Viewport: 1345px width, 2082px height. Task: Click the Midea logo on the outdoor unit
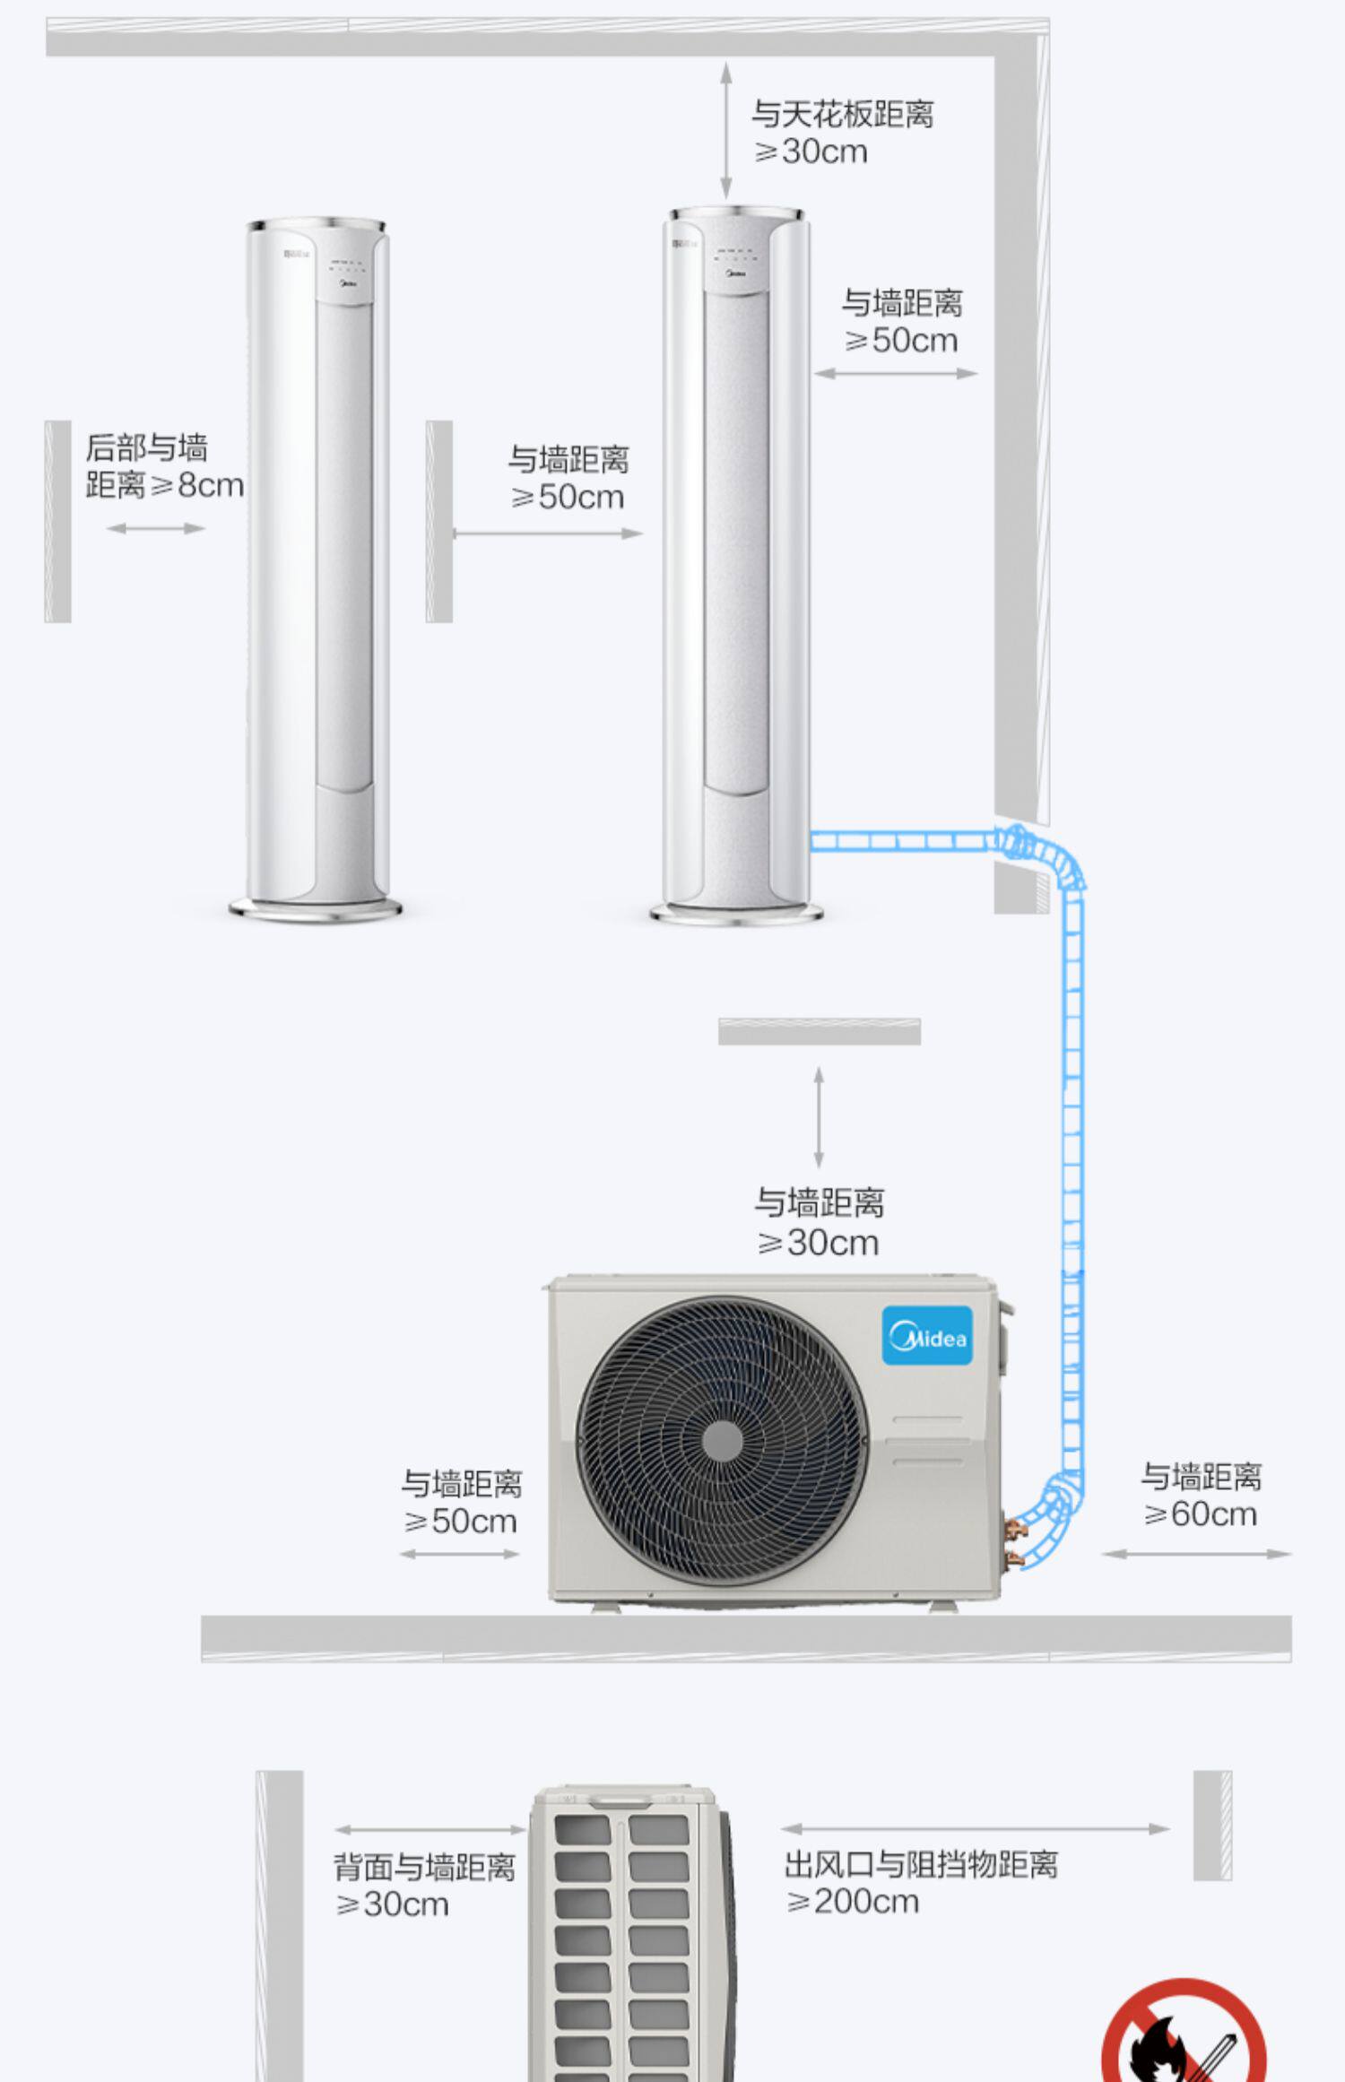point(927,1336)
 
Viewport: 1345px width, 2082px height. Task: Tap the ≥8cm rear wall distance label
point(164,466)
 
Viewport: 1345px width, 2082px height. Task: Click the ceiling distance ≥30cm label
point(842,132)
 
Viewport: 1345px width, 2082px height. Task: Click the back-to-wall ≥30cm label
point(424,1885)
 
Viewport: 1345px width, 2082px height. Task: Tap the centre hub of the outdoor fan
point(722,1442)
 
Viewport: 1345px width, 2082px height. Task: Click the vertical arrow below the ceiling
point(726,130)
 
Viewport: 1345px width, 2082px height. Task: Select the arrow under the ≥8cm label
point(156,528)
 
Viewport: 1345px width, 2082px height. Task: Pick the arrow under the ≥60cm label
point(1196,1554)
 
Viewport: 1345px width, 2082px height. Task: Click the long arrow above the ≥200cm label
point(976,1828)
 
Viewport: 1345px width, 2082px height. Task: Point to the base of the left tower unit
point(316,909)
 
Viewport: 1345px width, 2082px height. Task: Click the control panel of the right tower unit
point(734,255)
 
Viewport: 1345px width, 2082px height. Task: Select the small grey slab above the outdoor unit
point(819,1031)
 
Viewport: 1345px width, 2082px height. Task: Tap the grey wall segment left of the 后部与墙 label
point(58,521)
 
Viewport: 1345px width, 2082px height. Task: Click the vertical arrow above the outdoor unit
point(818,1116)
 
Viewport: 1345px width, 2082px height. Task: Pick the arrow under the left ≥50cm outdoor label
point(460,1554)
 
